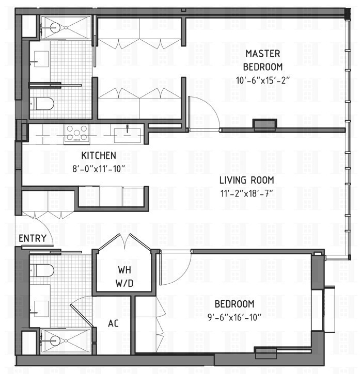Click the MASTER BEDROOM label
coord(263,59)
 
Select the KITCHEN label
coord(98,155)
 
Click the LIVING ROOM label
coord(246,181)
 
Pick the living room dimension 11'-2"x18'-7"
coord(246,193)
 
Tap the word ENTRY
coord(33,238)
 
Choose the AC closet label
coord(114,323)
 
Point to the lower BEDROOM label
coord(234,303)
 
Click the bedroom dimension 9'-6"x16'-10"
coord(234,316)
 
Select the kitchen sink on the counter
coord(128,134)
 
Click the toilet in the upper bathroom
coord(42,104)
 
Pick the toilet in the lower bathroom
coord(42,270)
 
